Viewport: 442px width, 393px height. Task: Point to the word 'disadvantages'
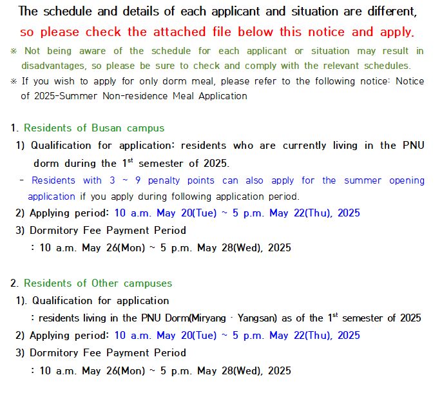pyautogui.click(x=52, y=66)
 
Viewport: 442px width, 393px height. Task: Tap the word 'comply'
pyautogui.click(x=256, y=66)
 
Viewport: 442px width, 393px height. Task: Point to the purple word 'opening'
pyautogui.click(x=406, y=180)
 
